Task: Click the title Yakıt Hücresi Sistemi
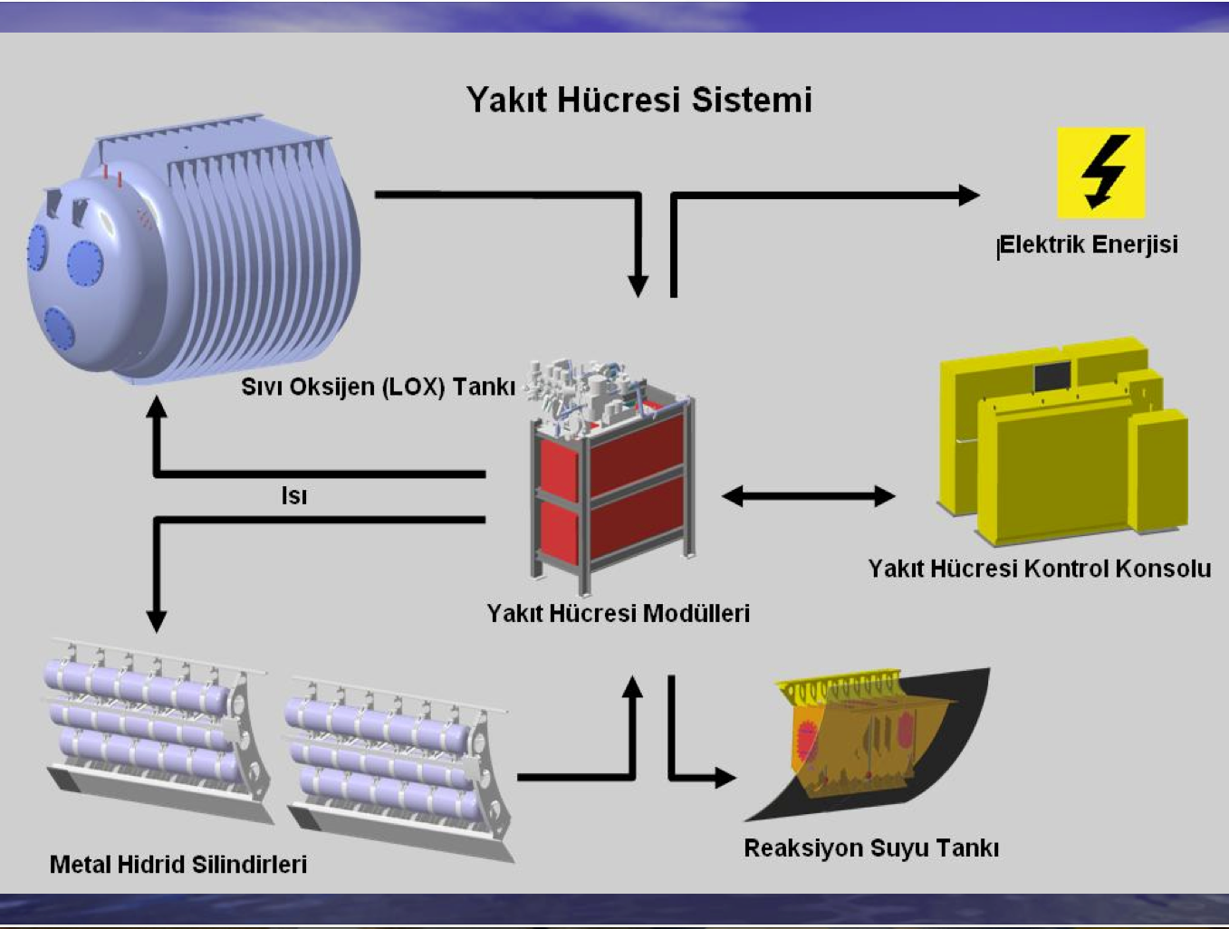[639, 100]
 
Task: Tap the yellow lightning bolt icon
[1101, 172]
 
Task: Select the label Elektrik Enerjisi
[1089, 244]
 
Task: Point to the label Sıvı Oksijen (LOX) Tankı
[378, 387]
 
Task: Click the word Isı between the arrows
[294, 496]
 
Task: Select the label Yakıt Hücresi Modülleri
[619, 613]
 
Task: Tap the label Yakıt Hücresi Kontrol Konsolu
[1040, 569]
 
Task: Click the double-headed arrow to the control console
[808, 495]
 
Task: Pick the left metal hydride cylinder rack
[154, 733]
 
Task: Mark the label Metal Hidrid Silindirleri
[178, 864]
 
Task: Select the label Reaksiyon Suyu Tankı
[871, 848]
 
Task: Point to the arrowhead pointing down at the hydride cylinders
[157, 620]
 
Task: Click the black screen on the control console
[1051, 376]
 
